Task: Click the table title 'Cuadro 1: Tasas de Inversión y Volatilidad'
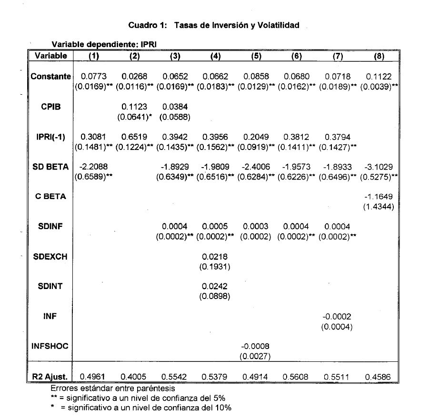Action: point(214,25)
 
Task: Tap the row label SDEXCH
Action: point(50,257)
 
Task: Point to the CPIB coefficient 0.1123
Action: point(135,107)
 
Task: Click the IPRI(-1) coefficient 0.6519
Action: point(135,137)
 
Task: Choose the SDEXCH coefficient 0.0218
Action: point(215,257)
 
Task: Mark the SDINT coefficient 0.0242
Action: point(215,287)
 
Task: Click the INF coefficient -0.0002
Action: point(337,317)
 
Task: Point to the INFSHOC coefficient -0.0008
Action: point(255,347)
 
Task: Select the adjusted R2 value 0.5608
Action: point(296,377)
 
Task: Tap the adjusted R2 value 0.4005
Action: point(135,377)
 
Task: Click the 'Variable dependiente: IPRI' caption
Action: point(104,44)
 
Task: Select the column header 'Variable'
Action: point(50,56)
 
